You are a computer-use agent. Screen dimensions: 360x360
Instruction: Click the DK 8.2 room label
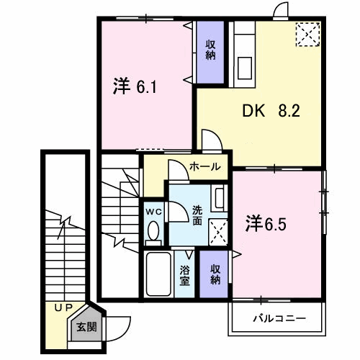271,111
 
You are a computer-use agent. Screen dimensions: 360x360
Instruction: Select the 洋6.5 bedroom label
266,224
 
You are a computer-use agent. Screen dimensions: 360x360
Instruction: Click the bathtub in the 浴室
158,274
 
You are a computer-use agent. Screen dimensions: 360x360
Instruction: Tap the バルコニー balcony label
279,318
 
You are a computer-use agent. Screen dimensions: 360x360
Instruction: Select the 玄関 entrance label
86,327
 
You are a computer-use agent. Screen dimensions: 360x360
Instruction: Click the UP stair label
63,307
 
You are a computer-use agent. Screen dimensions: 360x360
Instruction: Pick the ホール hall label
204,166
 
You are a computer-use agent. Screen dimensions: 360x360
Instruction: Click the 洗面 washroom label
197,216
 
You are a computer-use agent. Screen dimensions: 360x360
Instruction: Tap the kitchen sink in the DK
245,68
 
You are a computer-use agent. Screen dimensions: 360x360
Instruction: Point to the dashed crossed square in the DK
308,34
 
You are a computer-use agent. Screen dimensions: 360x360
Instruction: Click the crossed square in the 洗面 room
218,232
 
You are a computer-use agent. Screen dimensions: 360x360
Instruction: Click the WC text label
154,212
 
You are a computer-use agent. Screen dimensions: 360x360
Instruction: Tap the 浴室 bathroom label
185,275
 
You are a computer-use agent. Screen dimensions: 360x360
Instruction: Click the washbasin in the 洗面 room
219,198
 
